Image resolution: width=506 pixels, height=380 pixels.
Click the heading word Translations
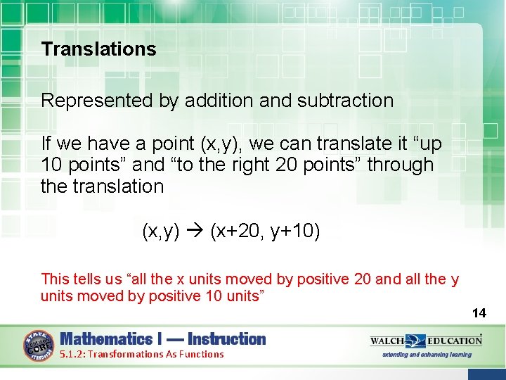98,49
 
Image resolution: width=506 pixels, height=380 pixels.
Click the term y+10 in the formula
296,231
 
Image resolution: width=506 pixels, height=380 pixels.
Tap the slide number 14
479,312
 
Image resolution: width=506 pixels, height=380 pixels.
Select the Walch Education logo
426,341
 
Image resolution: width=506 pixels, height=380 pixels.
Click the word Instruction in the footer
227,339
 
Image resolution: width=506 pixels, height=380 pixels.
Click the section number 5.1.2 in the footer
74,355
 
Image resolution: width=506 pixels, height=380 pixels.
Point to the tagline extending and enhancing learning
427,355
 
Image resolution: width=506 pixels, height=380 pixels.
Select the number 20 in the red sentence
363,279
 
